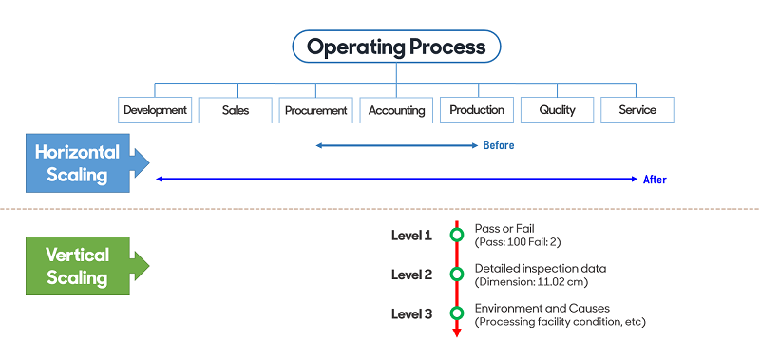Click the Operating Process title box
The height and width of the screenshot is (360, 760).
(396, 47)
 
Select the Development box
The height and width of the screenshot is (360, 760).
(155, 110)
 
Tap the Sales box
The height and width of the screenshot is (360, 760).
(236, 110)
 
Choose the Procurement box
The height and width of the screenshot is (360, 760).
(316, 110)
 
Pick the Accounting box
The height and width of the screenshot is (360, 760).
(396, 110)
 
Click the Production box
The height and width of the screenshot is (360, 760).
(477, 110)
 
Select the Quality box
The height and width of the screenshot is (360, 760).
(557, 110)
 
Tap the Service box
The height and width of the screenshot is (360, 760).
(637, 110)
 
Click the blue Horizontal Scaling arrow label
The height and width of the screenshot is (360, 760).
(80, 163)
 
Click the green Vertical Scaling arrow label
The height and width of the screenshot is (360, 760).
(80, 266)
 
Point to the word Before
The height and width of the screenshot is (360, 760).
(499, 145)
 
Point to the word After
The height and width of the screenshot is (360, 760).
(655, 179)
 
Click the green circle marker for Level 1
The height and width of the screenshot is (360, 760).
(456, 235)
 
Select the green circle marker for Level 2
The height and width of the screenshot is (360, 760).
(456, 275)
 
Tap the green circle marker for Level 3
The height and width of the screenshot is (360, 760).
(456, 313)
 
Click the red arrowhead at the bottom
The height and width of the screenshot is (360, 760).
(456, 332)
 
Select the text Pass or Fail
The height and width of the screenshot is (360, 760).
(505, 229)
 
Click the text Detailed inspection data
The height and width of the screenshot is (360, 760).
(540, 269)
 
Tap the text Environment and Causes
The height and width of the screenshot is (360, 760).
(542, 308)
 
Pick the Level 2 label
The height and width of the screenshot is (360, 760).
(411, 275)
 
